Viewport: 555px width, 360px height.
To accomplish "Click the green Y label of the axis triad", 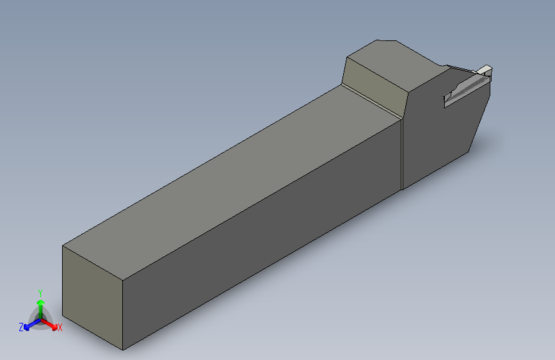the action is point(40,293).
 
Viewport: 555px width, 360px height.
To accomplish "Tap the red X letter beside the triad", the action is point(60,328).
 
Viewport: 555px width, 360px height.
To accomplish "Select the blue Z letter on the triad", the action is point(21,327).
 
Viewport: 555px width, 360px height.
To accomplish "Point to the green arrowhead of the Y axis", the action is point(41,303).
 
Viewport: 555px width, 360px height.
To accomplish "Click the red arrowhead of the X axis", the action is point(54,327).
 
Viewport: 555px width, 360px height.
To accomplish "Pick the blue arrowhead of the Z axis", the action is point(26,327).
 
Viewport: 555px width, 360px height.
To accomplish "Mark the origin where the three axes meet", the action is point(41,319).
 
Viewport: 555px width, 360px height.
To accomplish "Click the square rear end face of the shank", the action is point(92,297).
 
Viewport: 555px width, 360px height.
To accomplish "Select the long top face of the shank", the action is point(232,183).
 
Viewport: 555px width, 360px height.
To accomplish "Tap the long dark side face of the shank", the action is point(262,234).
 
